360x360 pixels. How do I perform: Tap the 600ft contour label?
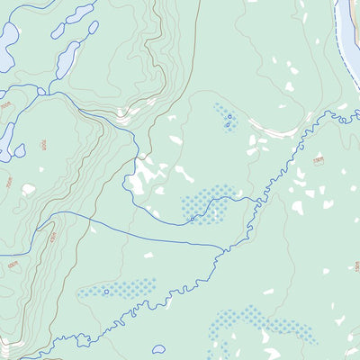click(x=13, y=265)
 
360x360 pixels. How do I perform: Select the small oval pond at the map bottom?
click(x=159, y=349)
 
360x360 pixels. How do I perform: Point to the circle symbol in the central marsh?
click(x=193, y=218)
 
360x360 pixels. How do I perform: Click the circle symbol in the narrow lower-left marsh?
click(x=107, y=291)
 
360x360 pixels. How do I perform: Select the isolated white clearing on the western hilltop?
click(x=29, y=190)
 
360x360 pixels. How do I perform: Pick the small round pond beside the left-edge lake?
click(x=20, y=150)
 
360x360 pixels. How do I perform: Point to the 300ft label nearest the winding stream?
click(x=318, y=160)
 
